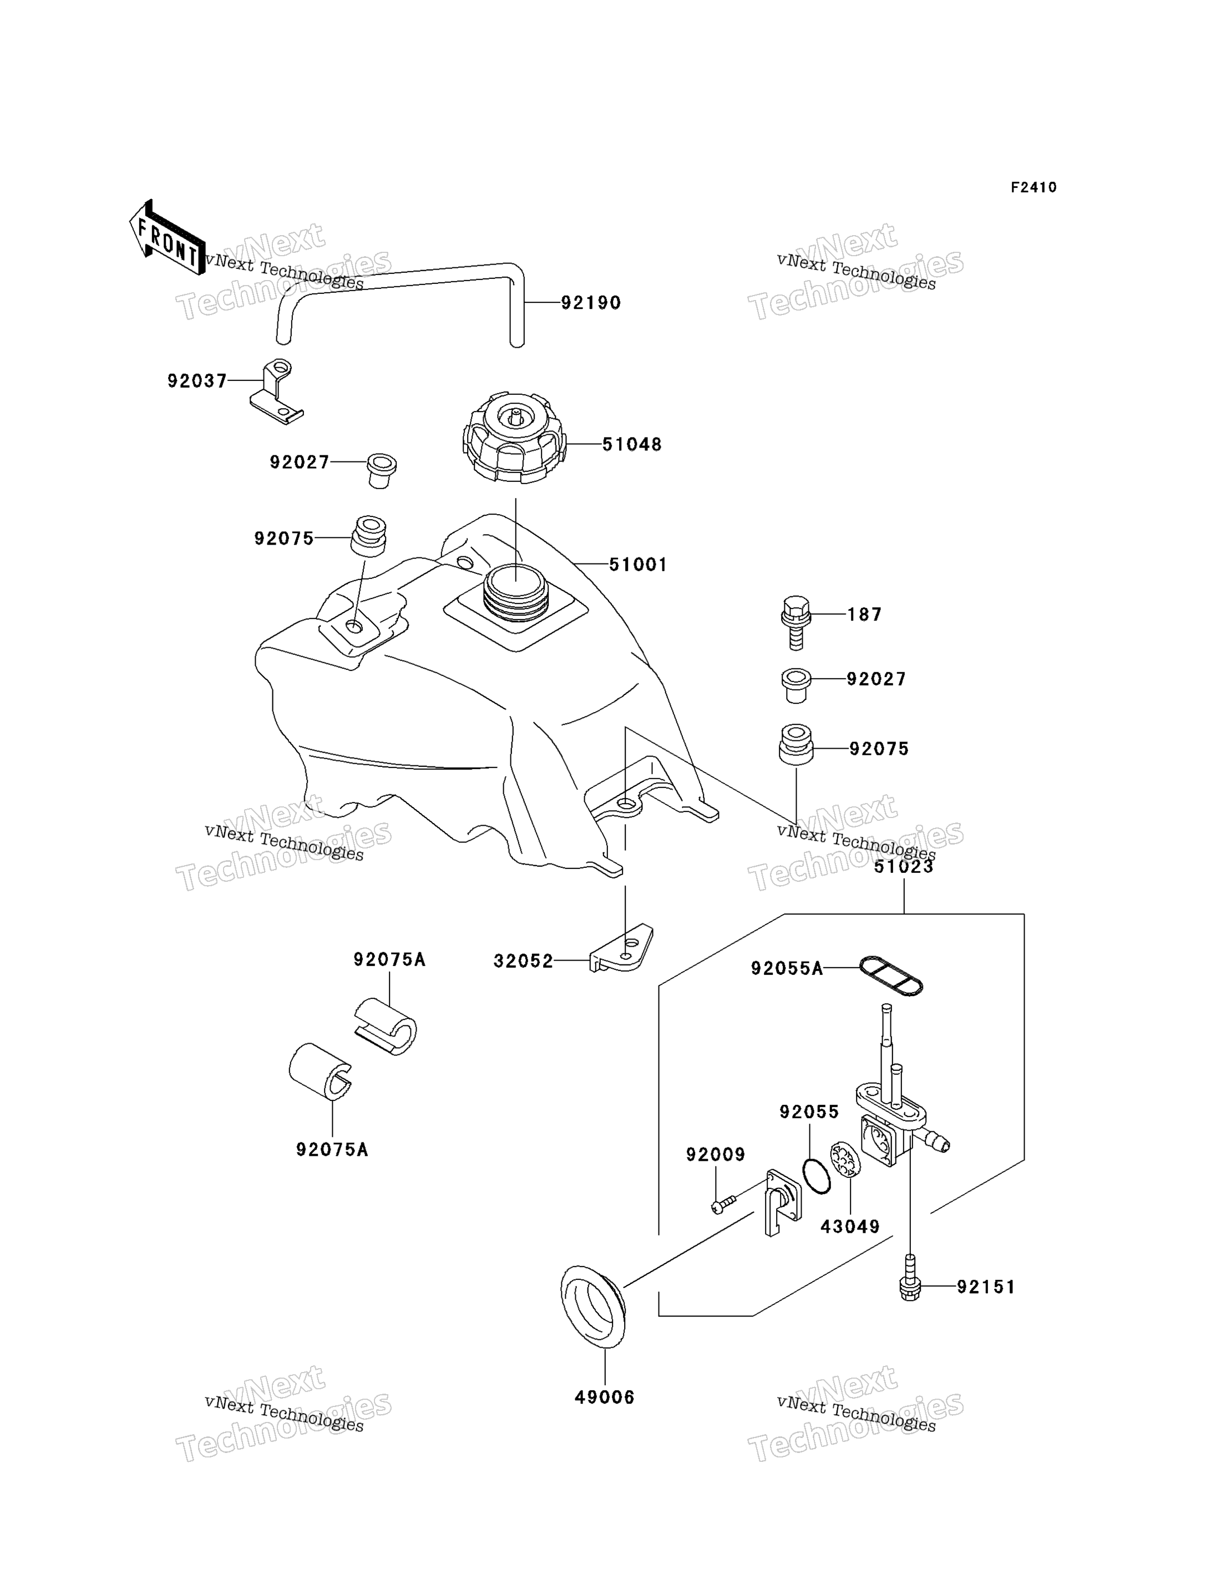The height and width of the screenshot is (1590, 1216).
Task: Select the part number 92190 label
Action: pos(591,303)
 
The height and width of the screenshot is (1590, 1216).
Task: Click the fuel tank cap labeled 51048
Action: pos(514,438)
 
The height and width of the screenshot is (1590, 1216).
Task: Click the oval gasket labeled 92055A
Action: pos(891,976)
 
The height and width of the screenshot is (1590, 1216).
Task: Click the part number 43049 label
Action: pos(850,1227)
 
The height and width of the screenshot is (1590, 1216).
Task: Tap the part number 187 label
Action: pos(865,615)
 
